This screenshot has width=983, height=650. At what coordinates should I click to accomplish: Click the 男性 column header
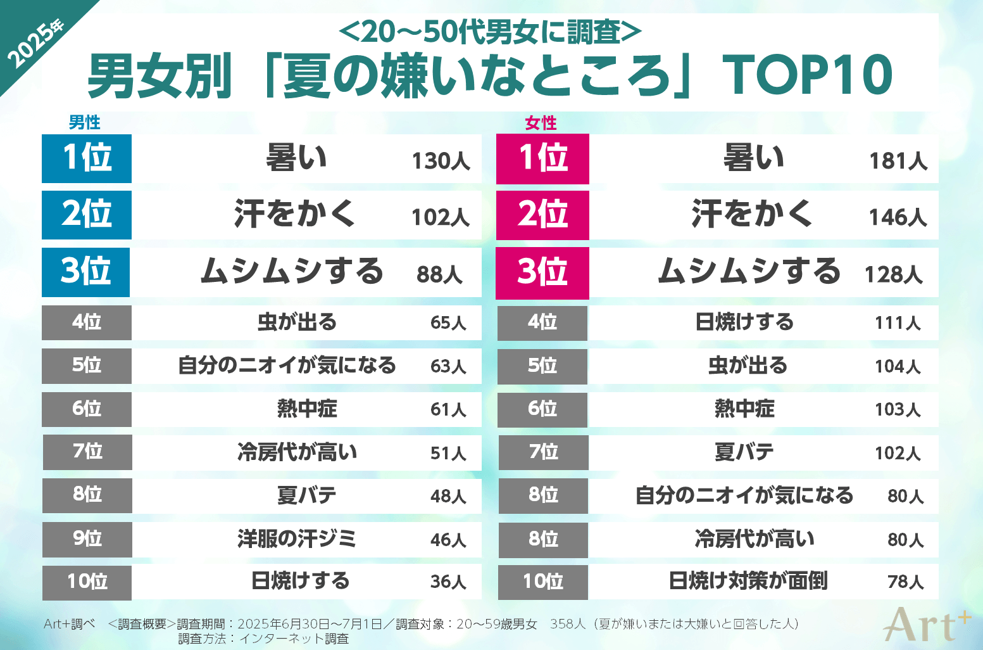click(x=84, y=122)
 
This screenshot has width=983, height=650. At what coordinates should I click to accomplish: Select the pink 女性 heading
click(x=541, y=123)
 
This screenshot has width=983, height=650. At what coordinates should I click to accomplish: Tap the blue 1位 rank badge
click(x=87, y=158)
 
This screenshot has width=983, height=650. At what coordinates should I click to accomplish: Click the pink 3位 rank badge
click(x=542, y=273)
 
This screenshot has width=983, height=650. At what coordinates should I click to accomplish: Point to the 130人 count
click(x=441, y=161)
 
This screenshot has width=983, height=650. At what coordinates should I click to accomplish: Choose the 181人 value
click(x=898, y=161)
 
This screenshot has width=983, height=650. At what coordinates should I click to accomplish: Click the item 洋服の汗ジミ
click(x=297, y=539)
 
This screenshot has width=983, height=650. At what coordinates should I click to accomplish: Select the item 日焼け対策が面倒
click(x=748, y=581)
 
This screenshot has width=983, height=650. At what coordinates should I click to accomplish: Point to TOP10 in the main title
click(x=808, y=75)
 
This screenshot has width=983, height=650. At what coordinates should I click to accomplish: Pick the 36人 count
click(x=448, y=582)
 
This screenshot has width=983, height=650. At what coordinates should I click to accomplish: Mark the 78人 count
click(x=905, y=582)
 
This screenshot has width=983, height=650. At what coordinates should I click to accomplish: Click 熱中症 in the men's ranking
click(x=307, y=409)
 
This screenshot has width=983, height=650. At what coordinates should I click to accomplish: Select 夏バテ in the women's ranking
click(x=744, y=452)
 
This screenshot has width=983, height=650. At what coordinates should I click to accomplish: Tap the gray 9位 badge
click(x=87, y=539)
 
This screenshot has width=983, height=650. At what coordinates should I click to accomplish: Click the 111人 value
click(x=898, y=323)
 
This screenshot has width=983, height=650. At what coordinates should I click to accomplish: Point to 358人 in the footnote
click(x=568, y=624)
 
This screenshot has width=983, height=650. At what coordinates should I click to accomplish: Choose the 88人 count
click(x=439, y=274)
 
